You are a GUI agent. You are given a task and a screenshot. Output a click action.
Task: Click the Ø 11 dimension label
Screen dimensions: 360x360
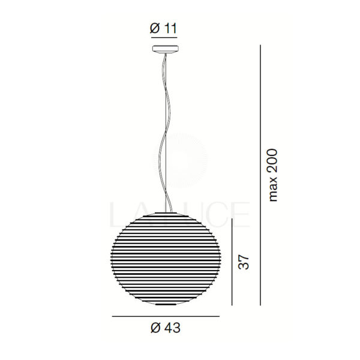(163, 28)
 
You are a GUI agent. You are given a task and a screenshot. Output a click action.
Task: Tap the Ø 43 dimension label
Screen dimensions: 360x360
(166, 328)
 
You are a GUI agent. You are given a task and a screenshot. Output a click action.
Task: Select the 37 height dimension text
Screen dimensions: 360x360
(244, 262)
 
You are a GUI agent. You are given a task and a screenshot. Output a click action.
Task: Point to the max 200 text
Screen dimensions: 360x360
(273, 175)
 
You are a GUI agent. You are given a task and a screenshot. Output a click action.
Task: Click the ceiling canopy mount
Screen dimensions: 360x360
(166, 49)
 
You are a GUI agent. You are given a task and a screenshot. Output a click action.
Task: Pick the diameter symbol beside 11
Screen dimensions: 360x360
(155, 28)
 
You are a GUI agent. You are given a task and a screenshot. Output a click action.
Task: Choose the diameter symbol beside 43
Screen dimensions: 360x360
(155, 328)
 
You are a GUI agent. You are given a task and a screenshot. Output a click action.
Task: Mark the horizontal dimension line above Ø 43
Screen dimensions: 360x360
(166, 316)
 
